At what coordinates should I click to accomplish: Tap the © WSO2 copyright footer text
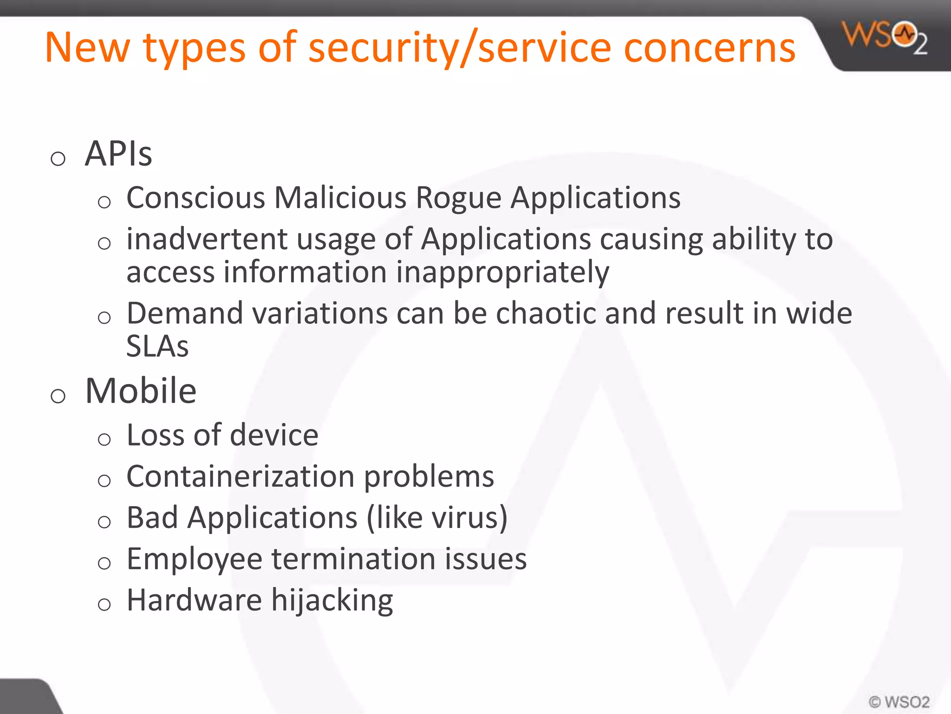point(899,701)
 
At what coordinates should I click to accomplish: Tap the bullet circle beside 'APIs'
point(58,159)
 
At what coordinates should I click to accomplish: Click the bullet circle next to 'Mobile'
point(58,397)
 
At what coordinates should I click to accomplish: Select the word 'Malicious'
point(340,198)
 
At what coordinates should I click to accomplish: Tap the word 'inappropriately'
point(502,272)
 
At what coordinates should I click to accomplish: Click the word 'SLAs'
point(157,346)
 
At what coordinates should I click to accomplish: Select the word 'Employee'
point(194,559)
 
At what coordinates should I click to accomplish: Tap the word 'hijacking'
point(332,601)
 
